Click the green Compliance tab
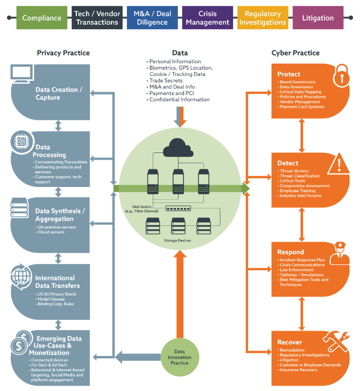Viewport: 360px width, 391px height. [42, 18]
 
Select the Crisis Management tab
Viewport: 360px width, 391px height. [207, 18]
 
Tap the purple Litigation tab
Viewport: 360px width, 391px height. [318, 18]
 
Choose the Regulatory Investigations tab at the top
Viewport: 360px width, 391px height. [262, 18]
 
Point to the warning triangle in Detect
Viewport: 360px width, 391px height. [338, 164]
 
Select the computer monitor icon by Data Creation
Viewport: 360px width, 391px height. [23, 74]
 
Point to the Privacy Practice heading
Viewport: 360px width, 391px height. [63, 53]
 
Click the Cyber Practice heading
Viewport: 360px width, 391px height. [295, 53]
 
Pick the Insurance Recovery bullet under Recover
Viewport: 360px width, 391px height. [298, 370]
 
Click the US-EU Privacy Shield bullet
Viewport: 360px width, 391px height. [56, 294]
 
